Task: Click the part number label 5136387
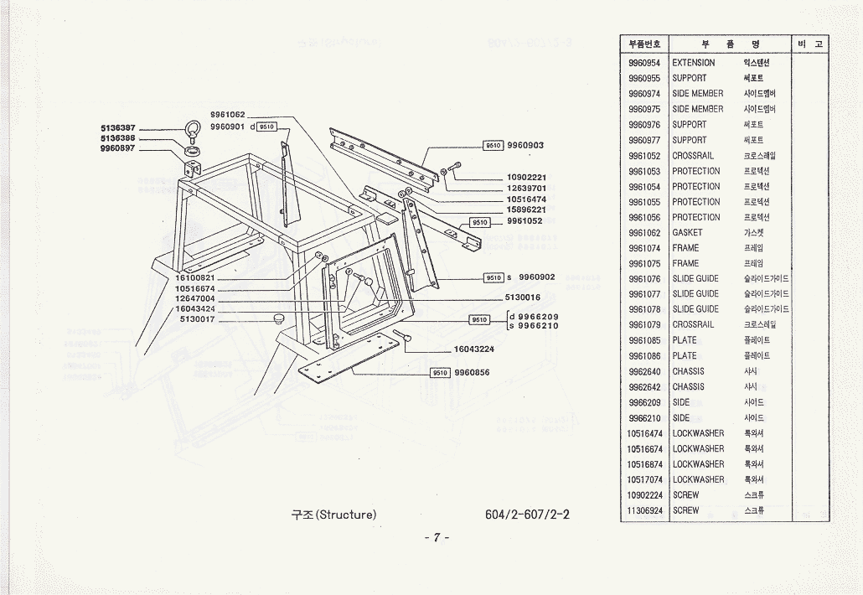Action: pyautogui.click(x=118, y=128)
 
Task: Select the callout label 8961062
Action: pyautogui.click(x=228, y=114)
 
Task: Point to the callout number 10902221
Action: pyautogui.click(x=526, y=178)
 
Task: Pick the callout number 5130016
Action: pyautogui.click(x=523, y=297)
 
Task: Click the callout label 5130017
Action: pyautogui.click(x=198, y=319)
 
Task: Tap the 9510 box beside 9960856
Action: pyautogui.click(x=441, y=372)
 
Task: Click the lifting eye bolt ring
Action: pyautogui.click(x=192, y=131)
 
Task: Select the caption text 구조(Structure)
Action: pyautogui.click(x=333, y=514)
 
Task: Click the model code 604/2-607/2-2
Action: pyautogui.click(x=527, y=514)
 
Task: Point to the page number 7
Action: pyautogui.click(x=436, y=537)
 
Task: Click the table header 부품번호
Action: pyautogui.click(x=644, y=44)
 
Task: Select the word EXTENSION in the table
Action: pyautogui.click(x=694, y=63)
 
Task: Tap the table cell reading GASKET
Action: pyautogui.click(x=687, y=233)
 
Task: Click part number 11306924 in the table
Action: pyautogui.click(x=644, y=510)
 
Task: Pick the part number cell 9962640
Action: pyautogui.click(x=644, y=371)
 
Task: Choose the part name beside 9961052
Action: pyautogui.click(x=693, y=156)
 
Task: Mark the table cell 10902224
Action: pyautogui.click(x=644, y=495)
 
